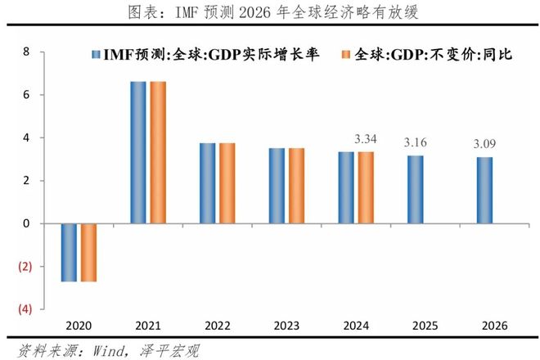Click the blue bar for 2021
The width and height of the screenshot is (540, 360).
[x=138, y=152]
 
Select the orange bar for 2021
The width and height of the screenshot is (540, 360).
[x=158, y=152]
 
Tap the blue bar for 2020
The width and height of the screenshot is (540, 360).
[x=69, y=252]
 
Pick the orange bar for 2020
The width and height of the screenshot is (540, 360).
[x=88, y=252]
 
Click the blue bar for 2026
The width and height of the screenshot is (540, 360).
[x=484, y=190]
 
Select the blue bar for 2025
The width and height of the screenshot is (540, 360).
[x=416, y=189]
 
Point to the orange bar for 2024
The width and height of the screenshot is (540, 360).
[x=366, y=187]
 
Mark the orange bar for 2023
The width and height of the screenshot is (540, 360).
[x=296, y=186]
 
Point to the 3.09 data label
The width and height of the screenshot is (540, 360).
[x=486, y=145]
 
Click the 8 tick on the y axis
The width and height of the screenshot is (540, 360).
[x=26, y=52]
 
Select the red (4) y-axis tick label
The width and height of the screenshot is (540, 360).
[x=25, y=309]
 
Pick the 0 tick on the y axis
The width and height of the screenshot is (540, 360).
[x=26, y=223]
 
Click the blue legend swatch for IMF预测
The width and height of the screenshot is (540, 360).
[x=97, y=54]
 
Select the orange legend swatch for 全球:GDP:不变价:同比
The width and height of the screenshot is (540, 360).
[x=347, y=54]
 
